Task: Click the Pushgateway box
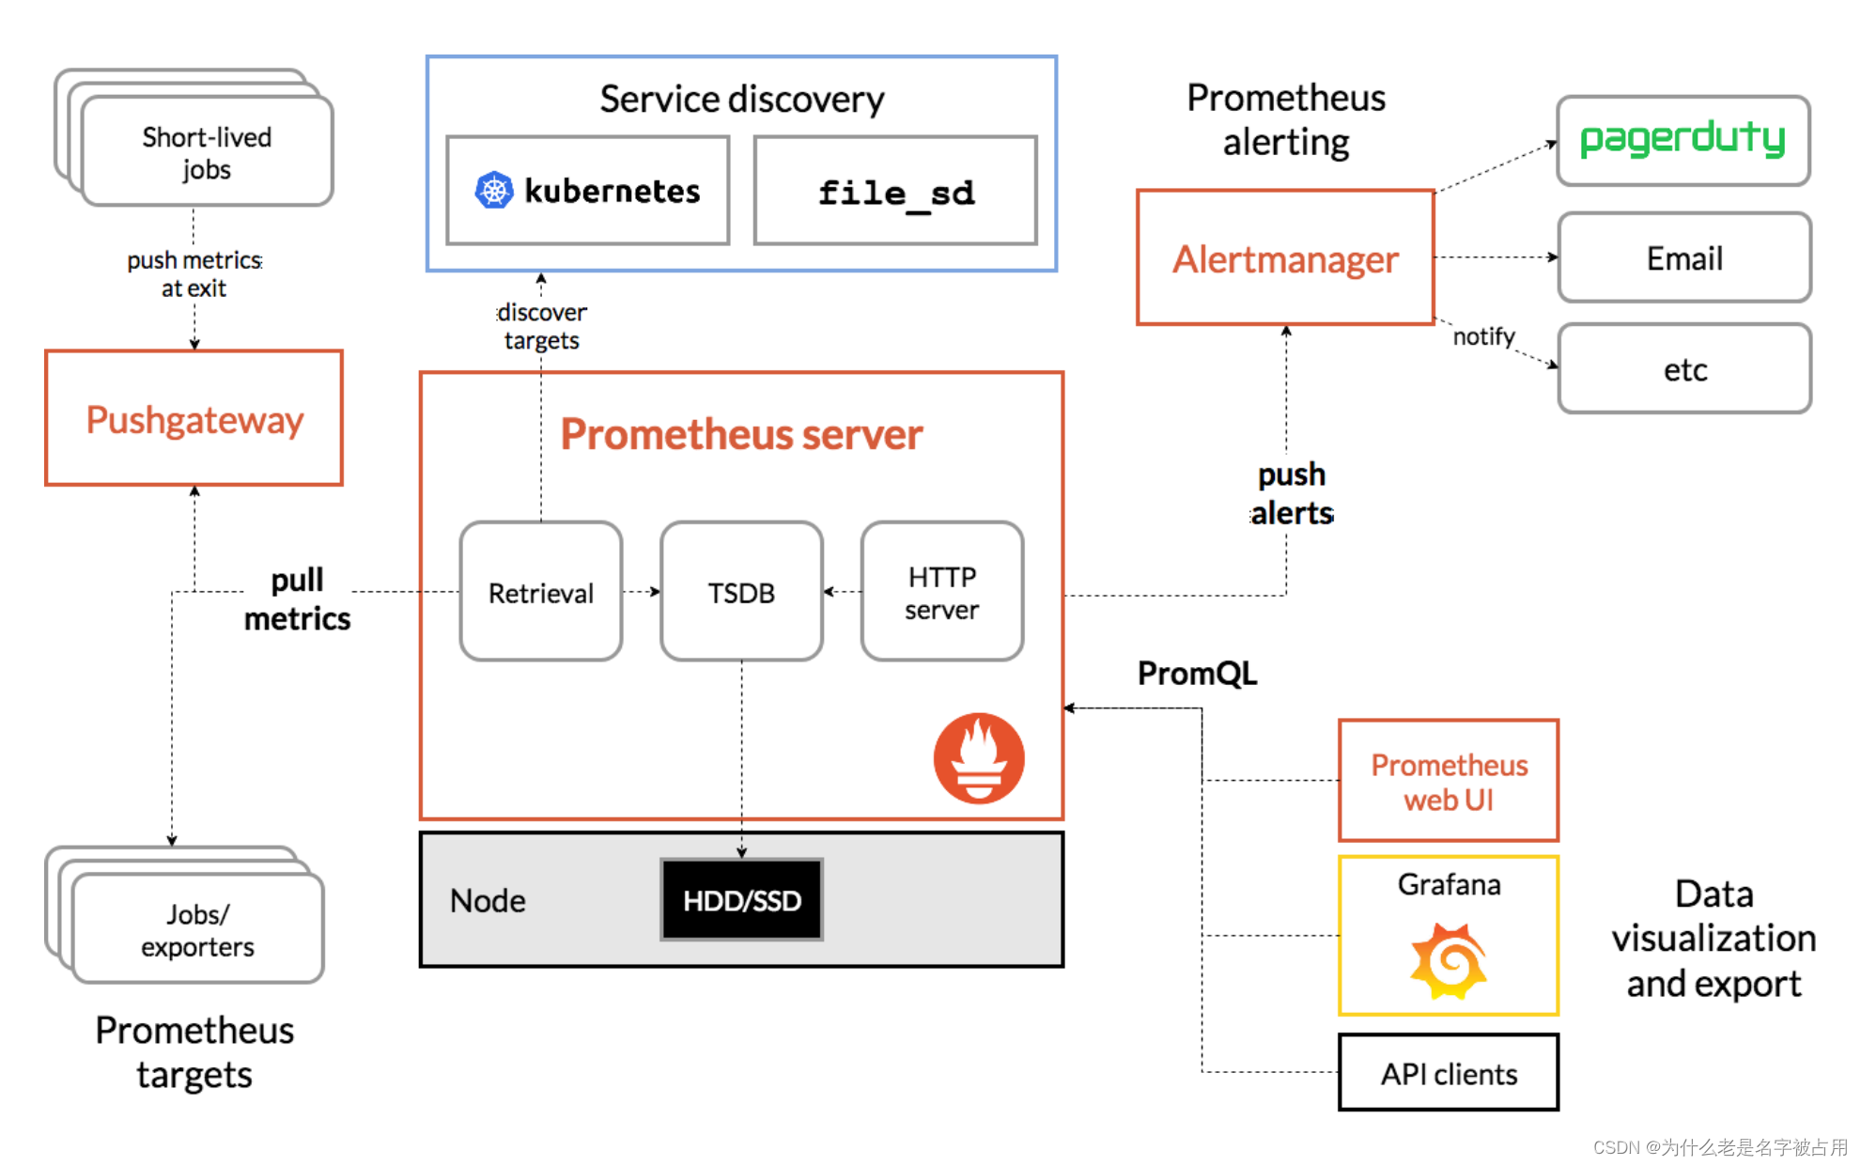[x=194, y=418]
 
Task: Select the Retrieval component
[x=541, y=592]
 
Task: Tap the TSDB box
[x=741, y=592]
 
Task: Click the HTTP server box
[x=942, y=592]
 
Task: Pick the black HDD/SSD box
[x=741, y=900]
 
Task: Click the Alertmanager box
[x=1285, y=258]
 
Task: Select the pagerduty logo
[x=1683, y=139]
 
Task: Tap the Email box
[x=1684, y=257]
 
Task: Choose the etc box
[x=1684, y=369]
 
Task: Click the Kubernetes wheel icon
[x=494, y=191]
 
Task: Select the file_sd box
[x=896, y=191]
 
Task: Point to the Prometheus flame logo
[x=979, y=758]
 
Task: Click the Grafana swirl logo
[x=1449, y=960]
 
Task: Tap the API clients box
[x=1449, y=1073]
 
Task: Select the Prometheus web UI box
[x=1449, y=781]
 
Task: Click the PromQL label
[x=1197, y=674]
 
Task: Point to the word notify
[x=1484, y=336]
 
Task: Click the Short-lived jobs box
[x=207, y=151]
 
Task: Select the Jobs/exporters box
[x=197, y=929]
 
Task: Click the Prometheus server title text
[x=741, y=434]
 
